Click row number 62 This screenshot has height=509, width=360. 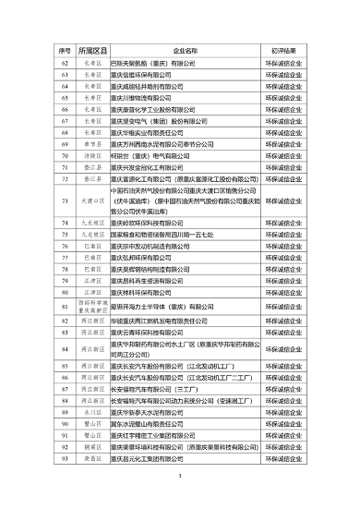pyautogui.click(x=66, y=62)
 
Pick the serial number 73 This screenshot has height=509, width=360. pyautogui.click(x=66, y=200)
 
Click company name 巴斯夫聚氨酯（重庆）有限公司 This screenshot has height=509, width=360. pyautogui.click(x=153, y=62)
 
